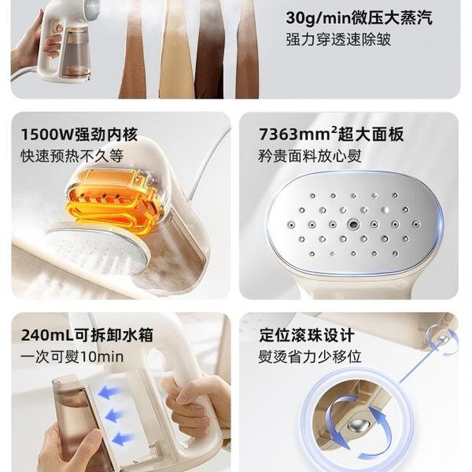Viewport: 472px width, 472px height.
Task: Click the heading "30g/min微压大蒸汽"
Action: click(x=359, y=18)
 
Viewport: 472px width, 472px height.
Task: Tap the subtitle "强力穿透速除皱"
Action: click(x=338, y=39)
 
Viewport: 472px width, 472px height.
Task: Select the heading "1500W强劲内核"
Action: click(x=80, y=135)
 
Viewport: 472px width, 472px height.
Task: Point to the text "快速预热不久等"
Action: click(x=73, y=156)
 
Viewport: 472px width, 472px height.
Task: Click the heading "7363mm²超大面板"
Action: click(x=331, y=135)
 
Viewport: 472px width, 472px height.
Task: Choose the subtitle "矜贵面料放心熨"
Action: click(x=310, y=156)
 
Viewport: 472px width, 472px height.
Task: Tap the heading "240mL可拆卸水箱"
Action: click(x=87, y=335)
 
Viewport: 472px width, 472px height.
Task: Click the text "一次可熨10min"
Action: click(x=73, y=357)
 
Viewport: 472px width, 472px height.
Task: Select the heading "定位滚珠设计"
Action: click(x=306, y=335)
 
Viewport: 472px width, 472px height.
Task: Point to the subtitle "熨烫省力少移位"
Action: click(x=310, y=357)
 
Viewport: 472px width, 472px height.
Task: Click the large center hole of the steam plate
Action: click(x=353, y=224)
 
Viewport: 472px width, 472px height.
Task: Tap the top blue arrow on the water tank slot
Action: click(x=109, y=392)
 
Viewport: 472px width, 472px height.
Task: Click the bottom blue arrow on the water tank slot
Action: click(x=123, y=437)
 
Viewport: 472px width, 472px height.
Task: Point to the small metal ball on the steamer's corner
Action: click(x=442, y=338)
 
